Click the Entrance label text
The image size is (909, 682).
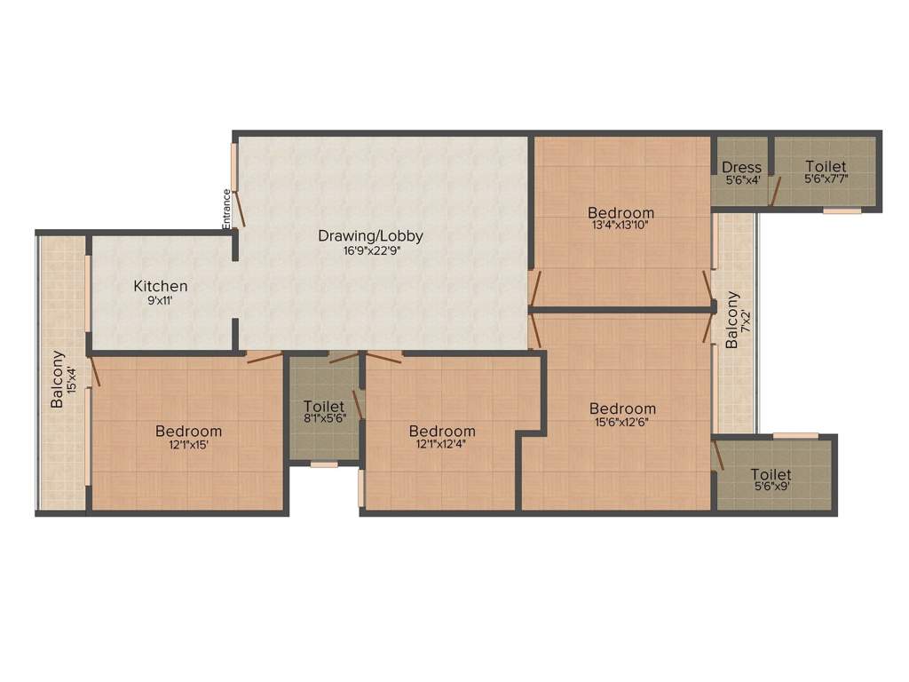pyautogui.click(x=226, y=210)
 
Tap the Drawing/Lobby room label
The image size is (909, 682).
pyautogui.click(x=370, y=236)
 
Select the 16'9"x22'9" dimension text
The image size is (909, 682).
pyautogui.click(x=370, y=252)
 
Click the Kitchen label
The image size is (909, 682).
pyautogui.click(x=161, y=286)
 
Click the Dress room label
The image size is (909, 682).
pyautogui.click(x=741, y=167)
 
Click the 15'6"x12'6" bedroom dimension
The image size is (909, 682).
pyautogui.click(x=623, y=423)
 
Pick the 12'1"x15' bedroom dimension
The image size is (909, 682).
pyautogui.click(x=188, y=446)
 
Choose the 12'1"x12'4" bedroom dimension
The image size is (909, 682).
pyautogui.click(x=442, y=446)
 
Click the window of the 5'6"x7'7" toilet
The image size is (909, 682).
pyautogui.click(x=842, y=210)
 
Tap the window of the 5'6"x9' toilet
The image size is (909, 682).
pyautogui.click(x=795, y=435)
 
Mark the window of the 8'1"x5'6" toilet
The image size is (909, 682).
pyautogui.click(x=324, y=464)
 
